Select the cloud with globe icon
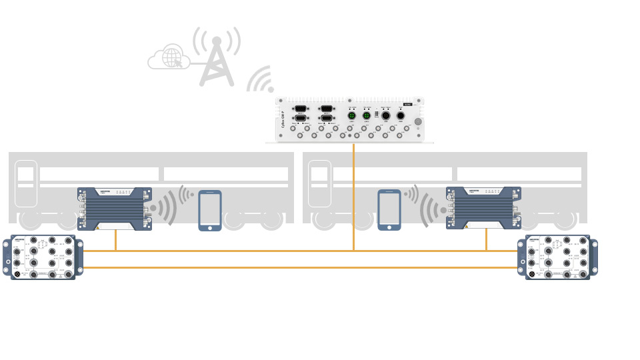(x=170, y=58)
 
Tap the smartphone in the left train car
(x=210, y=211)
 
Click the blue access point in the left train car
(x=115, y=209)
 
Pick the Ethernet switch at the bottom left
(x=43, y=257)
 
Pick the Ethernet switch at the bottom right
(x=558, y=257)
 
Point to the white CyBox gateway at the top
(x=350, y=119)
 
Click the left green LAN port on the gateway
(x=352, y=116)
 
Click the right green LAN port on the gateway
(x=367, y=116)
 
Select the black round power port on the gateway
(x=401, y=116)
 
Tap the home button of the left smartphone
(x=210, y=227)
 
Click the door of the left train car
(x=26, y=183)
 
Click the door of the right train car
(x=320, y=183)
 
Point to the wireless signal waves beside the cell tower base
(x=261, y=80)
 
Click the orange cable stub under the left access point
(x=115, y=240)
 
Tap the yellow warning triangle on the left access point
(x=97, y=227)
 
